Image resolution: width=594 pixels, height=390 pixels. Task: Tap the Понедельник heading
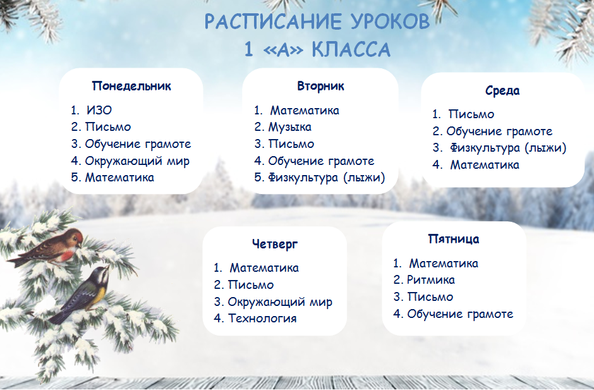[x=131, y=86]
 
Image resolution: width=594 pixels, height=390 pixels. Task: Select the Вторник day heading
[x=320, y=86]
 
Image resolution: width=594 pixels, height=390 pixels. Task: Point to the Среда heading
[x=502, y=90]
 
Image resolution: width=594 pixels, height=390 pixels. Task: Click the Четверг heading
[x=274, y=244]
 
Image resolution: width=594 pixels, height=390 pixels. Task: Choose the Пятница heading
[x=453, y=239]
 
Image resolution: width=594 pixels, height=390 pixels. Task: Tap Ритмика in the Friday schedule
[x=430, y=280]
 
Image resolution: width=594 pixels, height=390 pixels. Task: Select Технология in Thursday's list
[x=262, y=318]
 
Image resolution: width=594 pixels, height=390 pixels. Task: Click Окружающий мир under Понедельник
[x=137, y=161]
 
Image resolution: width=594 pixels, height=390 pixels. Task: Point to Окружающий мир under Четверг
[x=280, y=302]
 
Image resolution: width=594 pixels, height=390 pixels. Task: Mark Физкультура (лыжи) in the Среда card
[x=508, y=148]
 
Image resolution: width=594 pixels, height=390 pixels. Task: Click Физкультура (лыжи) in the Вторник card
[x=326, y=177]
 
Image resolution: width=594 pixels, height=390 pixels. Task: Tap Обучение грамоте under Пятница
[x=459, y=314]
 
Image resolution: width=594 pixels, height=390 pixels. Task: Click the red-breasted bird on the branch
[x=54, y=247]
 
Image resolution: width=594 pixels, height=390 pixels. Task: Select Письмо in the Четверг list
[x=251, y=285]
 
